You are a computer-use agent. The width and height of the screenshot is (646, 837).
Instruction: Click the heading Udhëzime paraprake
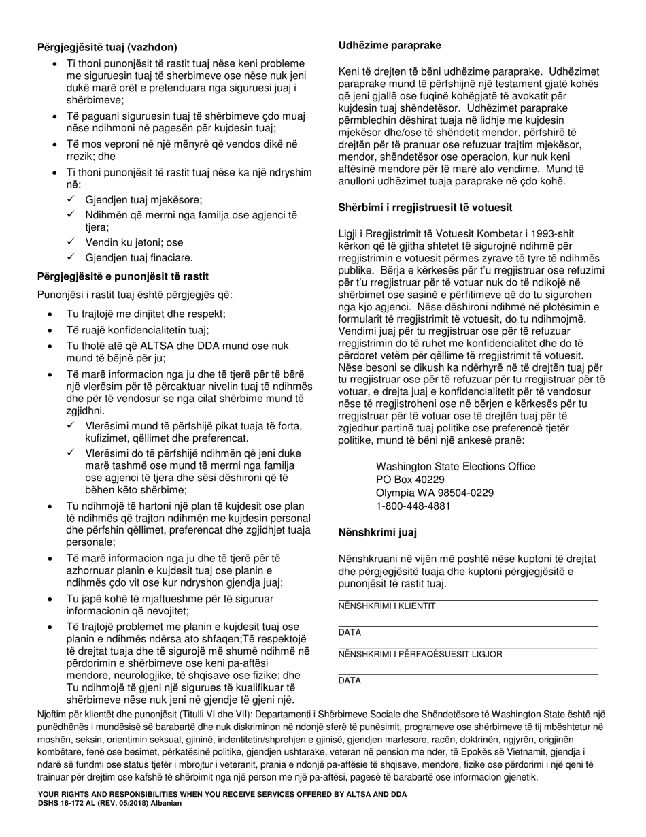point(390,46)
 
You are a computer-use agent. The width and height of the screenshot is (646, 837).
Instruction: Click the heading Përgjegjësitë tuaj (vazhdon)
point(107,48)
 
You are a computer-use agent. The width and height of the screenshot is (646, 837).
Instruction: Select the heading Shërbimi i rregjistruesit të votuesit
point(425,208)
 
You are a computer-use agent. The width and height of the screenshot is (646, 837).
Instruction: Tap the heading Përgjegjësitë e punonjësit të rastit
point(123,276)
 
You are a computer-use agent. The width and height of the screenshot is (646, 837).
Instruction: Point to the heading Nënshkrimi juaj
point(377,533)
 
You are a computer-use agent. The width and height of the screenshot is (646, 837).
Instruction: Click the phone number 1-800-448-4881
point(413,506)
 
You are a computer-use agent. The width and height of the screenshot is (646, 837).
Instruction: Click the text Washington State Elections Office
point(455,467)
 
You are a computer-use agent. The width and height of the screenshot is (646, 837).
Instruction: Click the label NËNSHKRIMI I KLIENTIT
point(387,606)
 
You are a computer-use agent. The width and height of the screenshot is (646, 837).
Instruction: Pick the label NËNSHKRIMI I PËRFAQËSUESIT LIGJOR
point(420,654)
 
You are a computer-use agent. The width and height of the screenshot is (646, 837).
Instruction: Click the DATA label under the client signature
point(350,632)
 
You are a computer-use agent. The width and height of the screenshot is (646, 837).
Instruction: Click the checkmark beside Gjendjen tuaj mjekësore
point(71,199)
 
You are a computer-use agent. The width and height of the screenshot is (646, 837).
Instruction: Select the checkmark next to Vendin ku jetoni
point(71,242)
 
